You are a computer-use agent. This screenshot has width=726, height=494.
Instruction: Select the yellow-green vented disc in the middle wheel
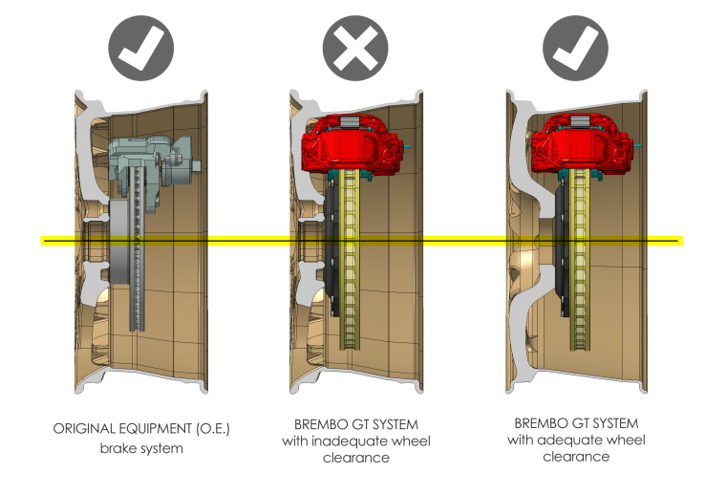354,287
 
